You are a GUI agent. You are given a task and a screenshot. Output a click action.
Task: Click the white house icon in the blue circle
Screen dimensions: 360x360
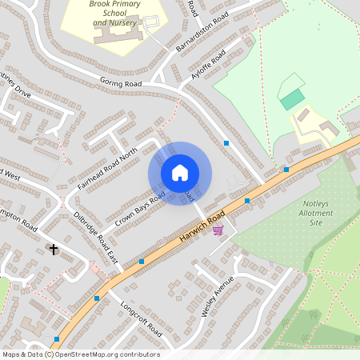[180, 173]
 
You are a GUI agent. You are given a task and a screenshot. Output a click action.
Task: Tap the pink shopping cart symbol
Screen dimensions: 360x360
[218, 230]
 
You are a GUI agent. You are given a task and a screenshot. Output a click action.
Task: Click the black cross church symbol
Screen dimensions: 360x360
[54, 250]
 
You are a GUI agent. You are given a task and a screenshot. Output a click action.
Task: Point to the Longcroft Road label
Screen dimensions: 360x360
[141, 319]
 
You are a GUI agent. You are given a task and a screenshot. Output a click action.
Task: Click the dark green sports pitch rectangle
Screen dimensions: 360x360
[293, 99]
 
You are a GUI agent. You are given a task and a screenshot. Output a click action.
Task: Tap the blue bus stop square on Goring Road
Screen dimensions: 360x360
[227, 143]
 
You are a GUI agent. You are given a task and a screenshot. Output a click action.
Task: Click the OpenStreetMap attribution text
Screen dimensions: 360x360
[80, 354]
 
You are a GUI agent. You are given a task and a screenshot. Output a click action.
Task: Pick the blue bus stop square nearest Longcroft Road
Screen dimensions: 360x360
[97, 298]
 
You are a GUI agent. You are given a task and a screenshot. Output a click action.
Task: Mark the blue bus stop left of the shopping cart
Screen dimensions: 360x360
[142, 261]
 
